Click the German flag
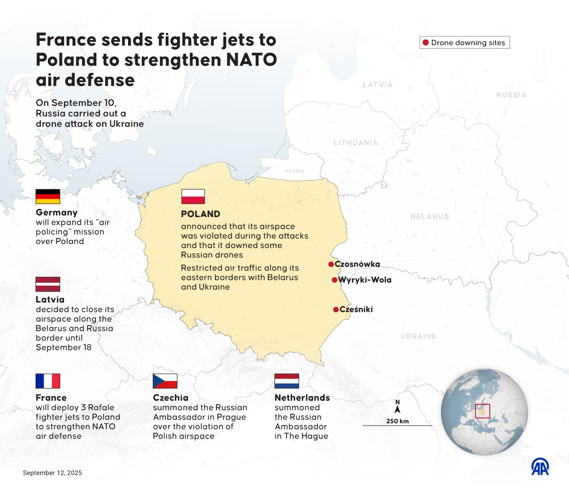coord(48,196)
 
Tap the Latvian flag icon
coord(48,284)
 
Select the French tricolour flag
coord(48,381)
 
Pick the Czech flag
coord(165,381)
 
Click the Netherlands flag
coord(287,381)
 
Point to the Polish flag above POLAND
coord(193,196)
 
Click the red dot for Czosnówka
coord(331,264)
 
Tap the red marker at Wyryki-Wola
coord(334,280)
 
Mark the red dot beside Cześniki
coord(336,309)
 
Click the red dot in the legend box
coord(426,43)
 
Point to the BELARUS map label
coord(430,217)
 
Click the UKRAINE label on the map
coord(418,336)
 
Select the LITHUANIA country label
coord(356,143)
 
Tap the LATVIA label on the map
coord(377,85)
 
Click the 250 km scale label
coord(397,421)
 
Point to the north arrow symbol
coord(397,407)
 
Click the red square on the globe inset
coord(482,411)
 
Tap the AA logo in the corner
coord(540,467)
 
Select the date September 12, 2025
coord(52,473)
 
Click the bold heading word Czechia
coord(171,398)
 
